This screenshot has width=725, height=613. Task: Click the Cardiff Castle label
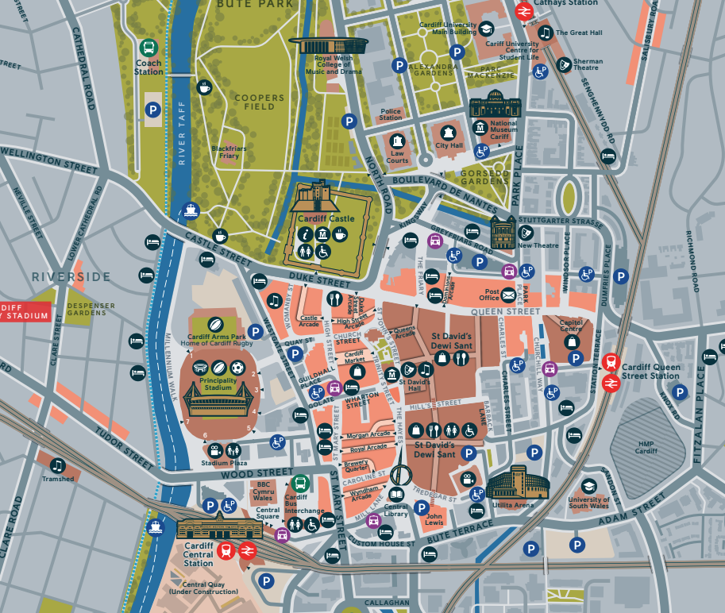331,218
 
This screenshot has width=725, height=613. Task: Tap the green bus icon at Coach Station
148,48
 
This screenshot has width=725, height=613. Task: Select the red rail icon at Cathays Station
523,11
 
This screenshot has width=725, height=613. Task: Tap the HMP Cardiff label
646,447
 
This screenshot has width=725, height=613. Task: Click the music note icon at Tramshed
57,465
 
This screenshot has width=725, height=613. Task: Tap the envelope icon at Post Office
508,295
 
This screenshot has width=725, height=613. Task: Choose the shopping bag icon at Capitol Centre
571,341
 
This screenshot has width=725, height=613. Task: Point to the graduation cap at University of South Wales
588,486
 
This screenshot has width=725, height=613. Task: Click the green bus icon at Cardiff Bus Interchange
300,482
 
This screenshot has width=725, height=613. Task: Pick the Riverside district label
71,276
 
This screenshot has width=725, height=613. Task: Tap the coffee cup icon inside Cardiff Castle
340,233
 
